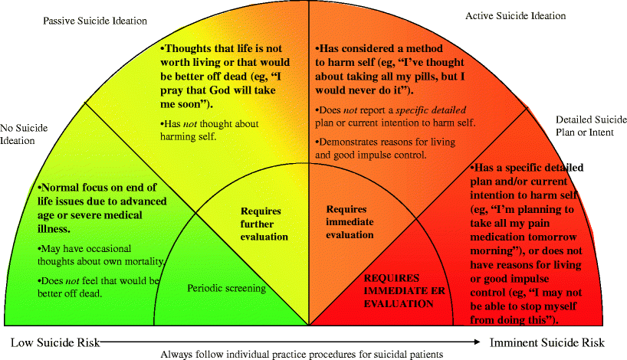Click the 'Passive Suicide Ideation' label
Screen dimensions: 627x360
click(94, 21)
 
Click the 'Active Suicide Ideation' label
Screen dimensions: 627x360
click(516, 15)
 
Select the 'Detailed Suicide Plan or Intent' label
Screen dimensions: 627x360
click(591, 126)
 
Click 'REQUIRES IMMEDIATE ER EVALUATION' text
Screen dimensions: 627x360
click(398, 290)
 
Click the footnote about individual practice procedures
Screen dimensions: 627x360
click(302, 354)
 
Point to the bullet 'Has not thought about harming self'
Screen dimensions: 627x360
click(209, 130)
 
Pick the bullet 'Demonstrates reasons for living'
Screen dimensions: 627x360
click(373, 148)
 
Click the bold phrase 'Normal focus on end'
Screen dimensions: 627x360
click(98, 187)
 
